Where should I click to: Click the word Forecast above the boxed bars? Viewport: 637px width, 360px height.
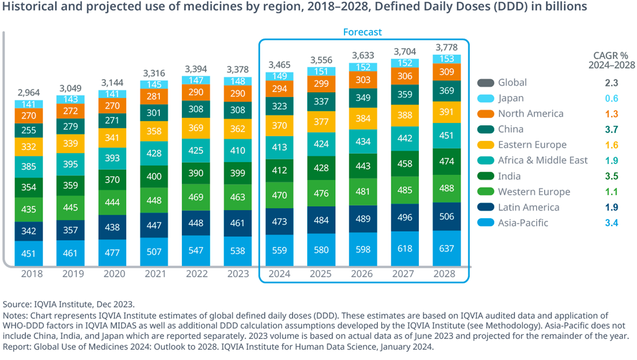click(x=362, y=32)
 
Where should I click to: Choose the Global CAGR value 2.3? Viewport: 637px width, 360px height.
click(x=611, y=83)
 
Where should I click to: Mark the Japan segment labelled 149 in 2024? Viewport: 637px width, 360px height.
click(x=281, y=76)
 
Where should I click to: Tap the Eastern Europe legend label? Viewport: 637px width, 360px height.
click(x=532, y=145)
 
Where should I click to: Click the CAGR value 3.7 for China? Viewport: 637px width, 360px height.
click(x=611, y=130)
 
